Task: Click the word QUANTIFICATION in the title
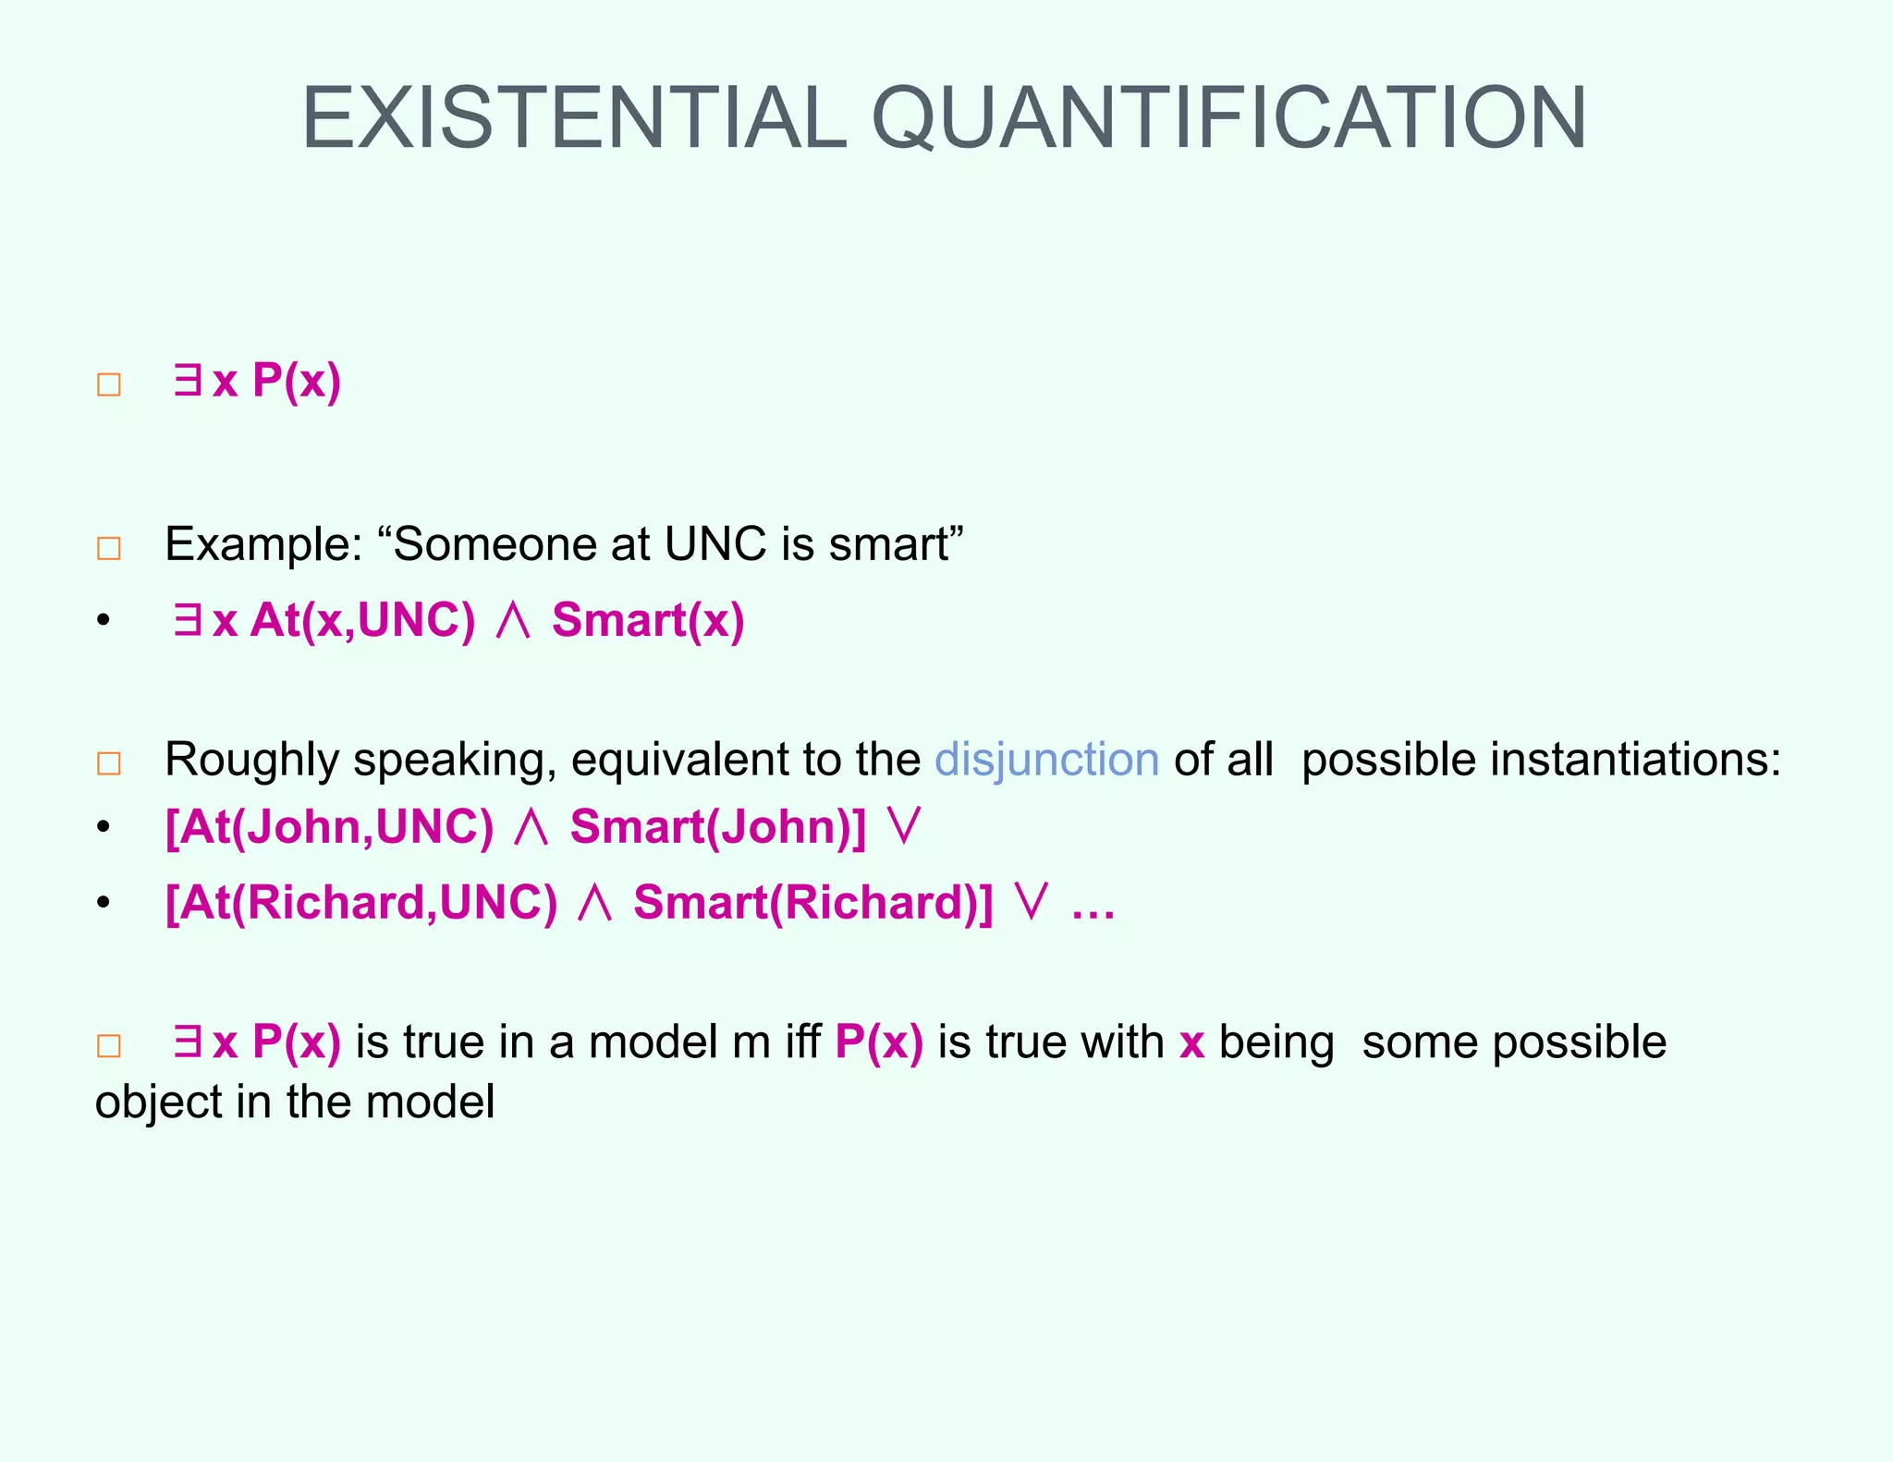coord(1229,118)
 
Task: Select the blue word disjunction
coord(1046,760)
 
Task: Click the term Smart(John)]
coord(718,826)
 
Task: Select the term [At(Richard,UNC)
coord(361,902)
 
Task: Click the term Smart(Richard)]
coord(812,902)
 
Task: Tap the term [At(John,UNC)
coord(329,826)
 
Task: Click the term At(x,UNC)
coord(362,620)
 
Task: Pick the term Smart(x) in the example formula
coord(648,620)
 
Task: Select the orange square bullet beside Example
coord(109,548)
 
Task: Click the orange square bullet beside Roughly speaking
coord(109,763)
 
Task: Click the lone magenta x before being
coord(1191,1043)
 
